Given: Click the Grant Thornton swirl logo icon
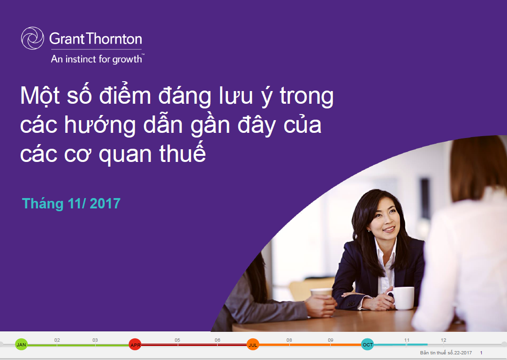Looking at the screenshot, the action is point(32,38).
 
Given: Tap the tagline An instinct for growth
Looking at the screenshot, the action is point(97,59).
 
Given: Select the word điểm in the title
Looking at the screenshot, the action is point(125,95).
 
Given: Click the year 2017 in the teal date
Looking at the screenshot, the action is point(105,203).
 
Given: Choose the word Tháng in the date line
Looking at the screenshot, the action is point(42,204).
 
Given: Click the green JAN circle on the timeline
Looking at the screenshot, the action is point(22,345).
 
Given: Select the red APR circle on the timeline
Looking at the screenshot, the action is point(135,345).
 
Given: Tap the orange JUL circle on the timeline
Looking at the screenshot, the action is point(253,345).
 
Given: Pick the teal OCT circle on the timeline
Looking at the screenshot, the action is point(368,345).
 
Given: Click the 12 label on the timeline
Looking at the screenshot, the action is point(443,340).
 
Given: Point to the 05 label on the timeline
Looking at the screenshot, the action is point(177,340).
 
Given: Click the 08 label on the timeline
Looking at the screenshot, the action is point(289,340).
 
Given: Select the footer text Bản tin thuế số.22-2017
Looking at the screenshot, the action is point(446,352).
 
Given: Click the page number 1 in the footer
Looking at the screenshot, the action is point(481,352).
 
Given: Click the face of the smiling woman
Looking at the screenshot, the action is point(385,218).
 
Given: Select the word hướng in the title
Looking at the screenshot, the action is point(100,125).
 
